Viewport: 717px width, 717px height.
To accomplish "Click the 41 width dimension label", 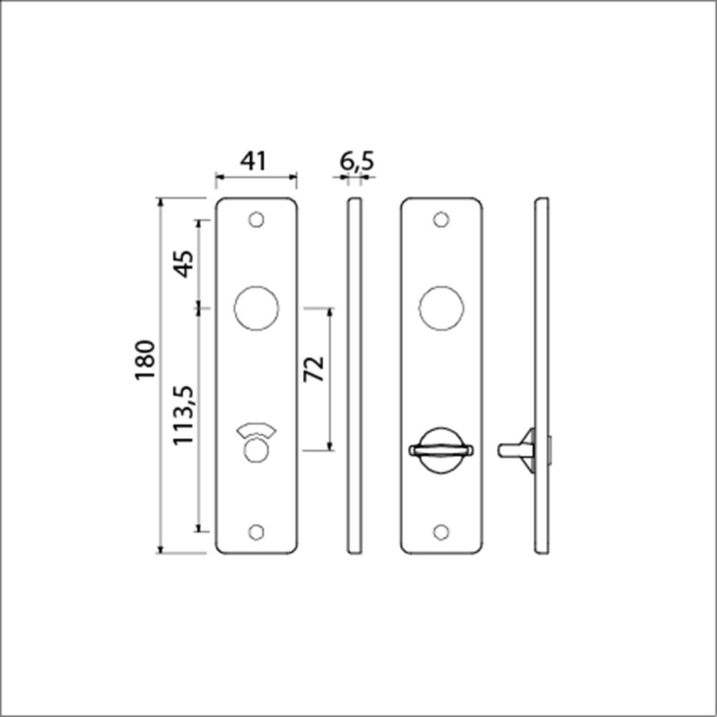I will pos(255,161).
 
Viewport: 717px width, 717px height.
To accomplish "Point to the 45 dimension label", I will pos(184,264).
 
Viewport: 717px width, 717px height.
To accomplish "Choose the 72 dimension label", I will pos(314,369).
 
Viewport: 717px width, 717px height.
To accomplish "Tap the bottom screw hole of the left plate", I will pos(256,531).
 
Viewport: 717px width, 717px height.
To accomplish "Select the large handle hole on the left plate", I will pos(256,309).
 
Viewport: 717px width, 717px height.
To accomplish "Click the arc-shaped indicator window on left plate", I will pos(256,431).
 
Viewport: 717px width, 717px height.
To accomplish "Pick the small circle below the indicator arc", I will pos(256,451).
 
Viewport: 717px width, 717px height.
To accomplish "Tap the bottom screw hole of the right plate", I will pos(442,531).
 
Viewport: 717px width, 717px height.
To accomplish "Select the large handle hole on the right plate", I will pos(442,309).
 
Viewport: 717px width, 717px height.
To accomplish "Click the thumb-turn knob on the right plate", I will pos(441,450).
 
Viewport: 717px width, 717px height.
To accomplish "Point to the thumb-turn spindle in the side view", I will pos(511,450).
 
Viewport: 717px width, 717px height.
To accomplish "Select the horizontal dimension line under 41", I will pos(256,176).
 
